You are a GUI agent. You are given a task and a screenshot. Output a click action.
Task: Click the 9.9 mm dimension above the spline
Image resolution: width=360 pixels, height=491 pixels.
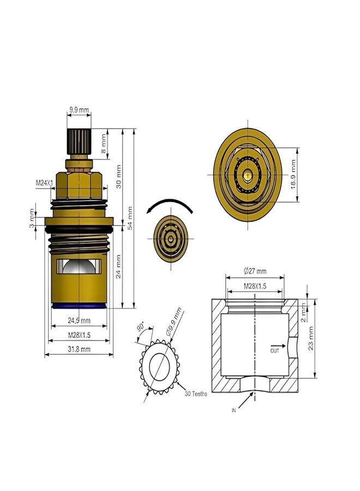click(79, 110)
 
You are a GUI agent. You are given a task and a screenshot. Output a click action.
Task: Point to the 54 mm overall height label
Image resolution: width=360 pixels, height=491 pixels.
click(129, 217)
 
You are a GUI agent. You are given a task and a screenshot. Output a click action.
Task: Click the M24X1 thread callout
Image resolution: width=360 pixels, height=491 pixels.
click(44, 184)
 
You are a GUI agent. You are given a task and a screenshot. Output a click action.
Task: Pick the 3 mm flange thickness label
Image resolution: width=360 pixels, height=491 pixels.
click(33, 219)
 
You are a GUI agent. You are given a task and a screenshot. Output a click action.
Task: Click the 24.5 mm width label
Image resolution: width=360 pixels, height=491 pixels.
click(79, 320)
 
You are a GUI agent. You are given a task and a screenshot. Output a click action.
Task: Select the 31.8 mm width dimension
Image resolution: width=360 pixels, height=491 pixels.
click(79, 350)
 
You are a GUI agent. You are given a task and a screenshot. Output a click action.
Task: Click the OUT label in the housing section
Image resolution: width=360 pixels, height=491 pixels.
click(275, 351)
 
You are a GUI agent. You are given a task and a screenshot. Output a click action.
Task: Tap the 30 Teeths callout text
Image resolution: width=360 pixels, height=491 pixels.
click(196, 393)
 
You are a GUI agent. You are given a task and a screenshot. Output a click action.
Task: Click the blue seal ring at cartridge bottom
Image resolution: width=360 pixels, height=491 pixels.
click(79, 307)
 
